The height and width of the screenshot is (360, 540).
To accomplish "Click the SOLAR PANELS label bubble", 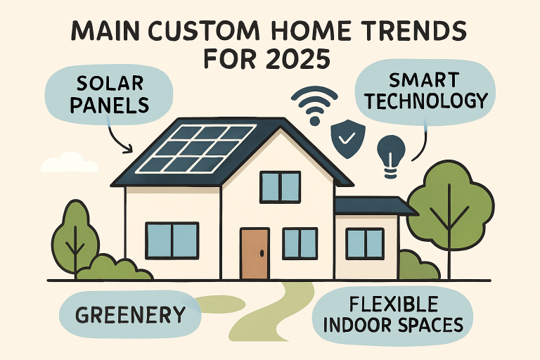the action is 109,94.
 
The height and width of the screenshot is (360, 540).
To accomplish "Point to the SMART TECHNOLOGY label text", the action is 426,91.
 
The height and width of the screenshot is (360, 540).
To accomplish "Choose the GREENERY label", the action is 130,314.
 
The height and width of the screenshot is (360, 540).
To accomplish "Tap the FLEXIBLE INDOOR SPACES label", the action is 393,315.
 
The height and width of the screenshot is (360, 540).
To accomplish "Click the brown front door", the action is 255,253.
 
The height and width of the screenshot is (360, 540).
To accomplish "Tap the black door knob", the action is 262,253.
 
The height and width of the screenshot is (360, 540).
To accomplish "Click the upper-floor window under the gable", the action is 281,187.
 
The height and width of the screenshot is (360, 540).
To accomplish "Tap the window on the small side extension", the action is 365,243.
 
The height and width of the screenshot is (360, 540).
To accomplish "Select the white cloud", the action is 70,162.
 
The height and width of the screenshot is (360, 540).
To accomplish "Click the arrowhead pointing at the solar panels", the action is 128,149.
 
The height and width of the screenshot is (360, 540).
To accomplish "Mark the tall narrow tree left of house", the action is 75,238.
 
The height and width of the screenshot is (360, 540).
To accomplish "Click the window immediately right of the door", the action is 300,243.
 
